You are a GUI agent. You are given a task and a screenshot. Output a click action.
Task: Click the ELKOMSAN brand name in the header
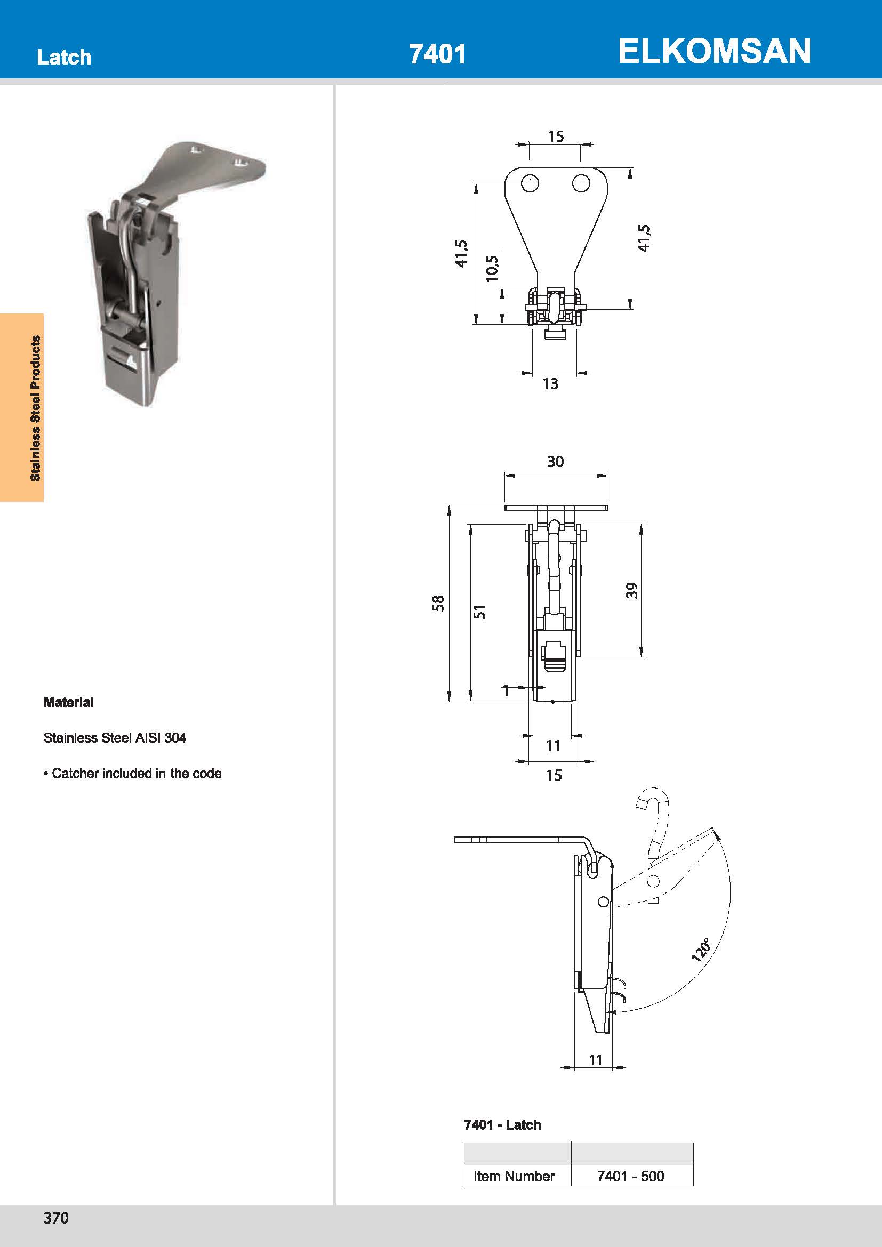713,51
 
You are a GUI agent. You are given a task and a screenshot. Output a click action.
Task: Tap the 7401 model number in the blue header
437,54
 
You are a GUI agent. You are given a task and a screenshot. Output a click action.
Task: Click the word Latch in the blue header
64,57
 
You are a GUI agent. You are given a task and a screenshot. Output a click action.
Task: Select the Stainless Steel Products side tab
35,408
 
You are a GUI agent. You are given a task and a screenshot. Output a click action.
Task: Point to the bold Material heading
68,702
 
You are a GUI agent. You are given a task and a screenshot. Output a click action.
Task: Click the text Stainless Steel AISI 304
115,737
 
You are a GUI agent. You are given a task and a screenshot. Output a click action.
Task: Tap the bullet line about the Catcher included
133,774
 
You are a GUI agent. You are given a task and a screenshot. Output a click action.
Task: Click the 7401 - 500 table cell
630,1176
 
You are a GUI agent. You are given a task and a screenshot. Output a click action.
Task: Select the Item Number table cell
514,1176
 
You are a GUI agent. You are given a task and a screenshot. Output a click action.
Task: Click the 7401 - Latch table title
502,1125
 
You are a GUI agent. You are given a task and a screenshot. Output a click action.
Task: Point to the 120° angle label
701,950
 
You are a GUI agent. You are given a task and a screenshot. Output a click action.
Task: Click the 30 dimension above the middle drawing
555,462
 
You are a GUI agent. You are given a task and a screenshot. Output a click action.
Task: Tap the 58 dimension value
438,604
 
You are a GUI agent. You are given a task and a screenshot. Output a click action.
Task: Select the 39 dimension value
631,590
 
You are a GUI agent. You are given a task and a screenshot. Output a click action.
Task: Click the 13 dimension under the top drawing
550,384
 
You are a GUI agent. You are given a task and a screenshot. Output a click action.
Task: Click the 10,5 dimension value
492,268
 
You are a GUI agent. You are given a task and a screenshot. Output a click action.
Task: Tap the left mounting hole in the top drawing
530,183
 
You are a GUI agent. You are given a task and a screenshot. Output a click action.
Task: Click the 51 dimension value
479,612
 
